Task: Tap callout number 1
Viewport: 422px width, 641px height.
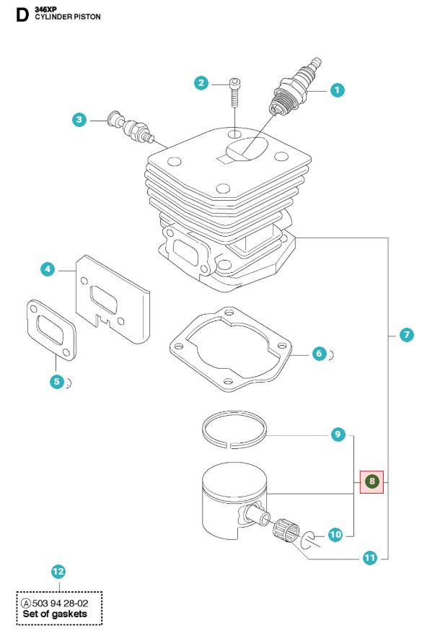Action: click(337, 90)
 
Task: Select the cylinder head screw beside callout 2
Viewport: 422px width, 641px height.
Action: click(236, 92)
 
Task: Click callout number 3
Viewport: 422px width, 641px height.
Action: click(79, 120)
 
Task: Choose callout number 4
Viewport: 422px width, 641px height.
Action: click(48, 269)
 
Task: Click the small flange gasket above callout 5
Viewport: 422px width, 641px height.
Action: click(51, 331)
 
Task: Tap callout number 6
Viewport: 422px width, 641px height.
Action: click(320, 354)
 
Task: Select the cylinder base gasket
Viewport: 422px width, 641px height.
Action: click(175, 347)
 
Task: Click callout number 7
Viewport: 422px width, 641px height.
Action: click(406, 335)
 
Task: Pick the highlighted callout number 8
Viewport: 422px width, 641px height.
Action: click(372, 481)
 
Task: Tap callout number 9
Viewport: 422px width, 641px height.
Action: click(338, 434)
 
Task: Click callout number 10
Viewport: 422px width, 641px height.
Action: click(335, 534)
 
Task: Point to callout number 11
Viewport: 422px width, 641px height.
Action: click(370, 557)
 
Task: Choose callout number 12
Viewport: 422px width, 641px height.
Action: click(58, 572)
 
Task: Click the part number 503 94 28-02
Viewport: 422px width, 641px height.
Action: click(60, 603)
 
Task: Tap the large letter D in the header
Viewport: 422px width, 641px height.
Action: click(22, 14)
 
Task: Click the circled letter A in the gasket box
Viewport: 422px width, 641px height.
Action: click(26, 603)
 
